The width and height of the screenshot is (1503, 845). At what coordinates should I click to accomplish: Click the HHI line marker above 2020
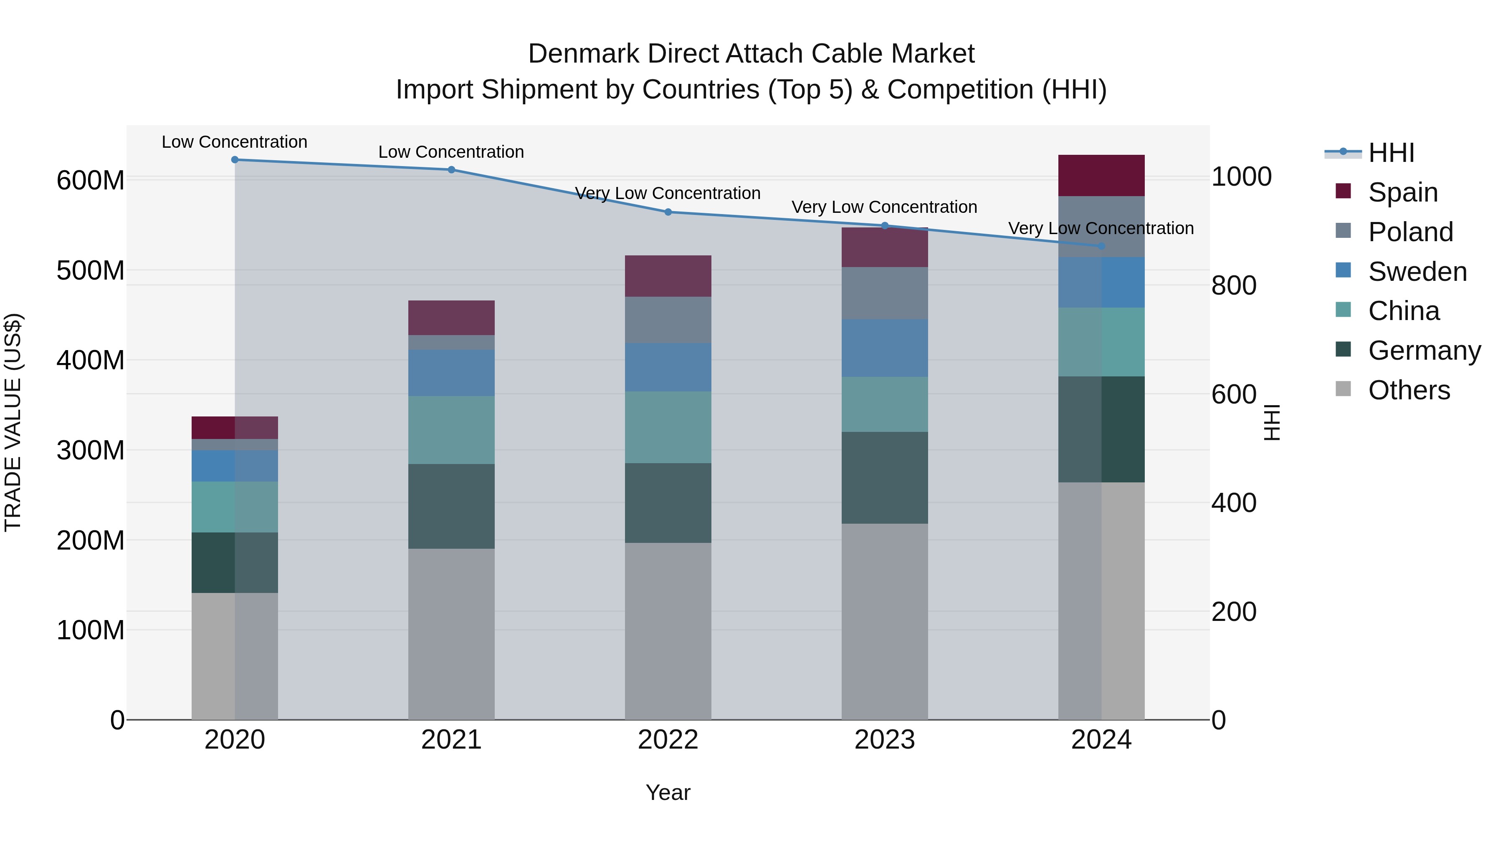pos(235,160)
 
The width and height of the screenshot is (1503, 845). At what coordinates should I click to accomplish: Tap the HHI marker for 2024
pos(1101,246)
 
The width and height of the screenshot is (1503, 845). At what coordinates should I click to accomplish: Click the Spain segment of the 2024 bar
pos(1101,176)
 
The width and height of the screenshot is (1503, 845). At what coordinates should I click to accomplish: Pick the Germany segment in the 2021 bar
pos(451,506)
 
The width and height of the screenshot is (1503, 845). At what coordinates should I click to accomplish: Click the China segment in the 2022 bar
pos(668,427)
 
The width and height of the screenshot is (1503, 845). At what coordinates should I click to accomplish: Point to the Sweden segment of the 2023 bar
pos(885,348)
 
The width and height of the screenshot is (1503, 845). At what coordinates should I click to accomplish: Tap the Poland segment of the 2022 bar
pos(668,320)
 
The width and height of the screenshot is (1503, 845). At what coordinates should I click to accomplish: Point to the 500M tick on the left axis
pos(91,270)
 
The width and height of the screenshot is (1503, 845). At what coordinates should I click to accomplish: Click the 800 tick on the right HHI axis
pos(1233,286)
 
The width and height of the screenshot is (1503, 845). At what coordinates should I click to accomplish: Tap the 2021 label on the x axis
pos(451,740)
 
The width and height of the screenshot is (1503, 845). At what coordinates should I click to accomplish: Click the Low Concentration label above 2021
pos(451,152)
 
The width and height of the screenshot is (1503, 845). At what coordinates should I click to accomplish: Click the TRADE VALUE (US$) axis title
pos(13,422)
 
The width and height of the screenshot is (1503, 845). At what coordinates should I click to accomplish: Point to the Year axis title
pos(668,792)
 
